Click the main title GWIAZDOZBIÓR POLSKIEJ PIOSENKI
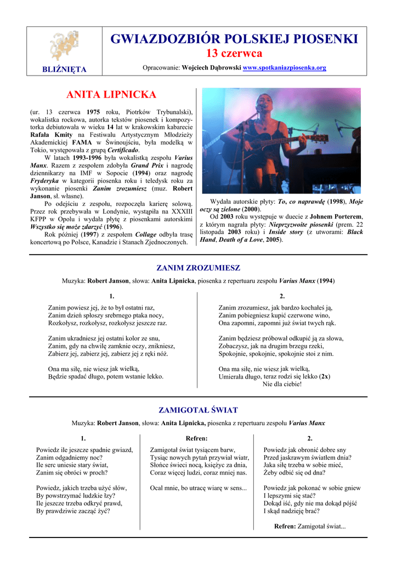pyautogui.click(x=234, y=39)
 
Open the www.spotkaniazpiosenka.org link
pyautogui.click(x=284, y=68)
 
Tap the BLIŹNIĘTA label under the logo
pyautogui.click(x=65, y=69)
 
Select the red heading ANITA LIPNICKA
pyautogui.click(x=111, y=95)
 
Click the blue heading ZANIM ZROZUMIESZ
pyautogui.click(x=198, y=268)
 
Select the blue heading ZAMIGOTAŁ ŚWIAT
pyautogui.click(x=198, y=410)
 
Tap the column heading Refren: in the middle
pyautogui.click(x=197, y=438)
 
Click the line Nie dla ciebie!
pyautogui.click(x=282, y=384)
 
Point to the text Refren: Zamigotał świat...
pyautogui.click(x=310, y=526)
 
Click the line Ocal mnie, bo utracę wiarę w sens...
pyautogui.click(x=198, y=487)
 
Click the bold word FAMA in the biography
pyautogui.click(x=82, y=142)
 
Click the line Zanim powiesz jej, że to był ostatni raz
pyautogui.click(x=101, y=308)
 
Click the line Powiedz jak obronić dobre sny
pyautogui.click(x=305, y=450)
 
